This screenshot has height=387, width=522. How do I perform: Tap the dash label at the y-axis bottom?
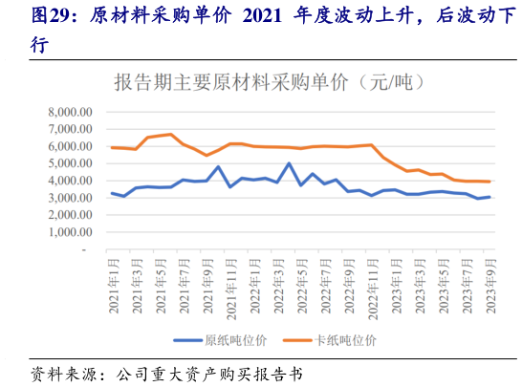point(84,249)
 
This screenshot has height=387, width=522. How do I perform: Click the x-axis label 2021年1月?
point(113,283)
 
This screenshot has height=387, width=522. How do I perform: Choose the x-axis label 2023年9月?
point(489,283)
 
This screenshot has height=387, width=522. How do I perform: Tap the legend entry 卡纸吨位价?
point(345,339)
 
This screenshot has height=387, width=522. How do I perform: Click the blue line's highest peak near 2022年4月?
point(289,163)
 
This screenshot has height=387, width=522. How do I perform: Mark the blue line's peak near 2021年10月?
point(219,166)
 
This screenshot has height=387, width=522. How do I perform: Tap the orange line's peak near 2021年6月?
point(171,134)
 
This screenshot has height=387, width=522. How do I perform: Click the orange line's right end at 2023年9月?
point(489,182)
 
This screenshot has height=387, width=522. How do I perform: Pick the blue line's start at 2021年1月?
point(113,193)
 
